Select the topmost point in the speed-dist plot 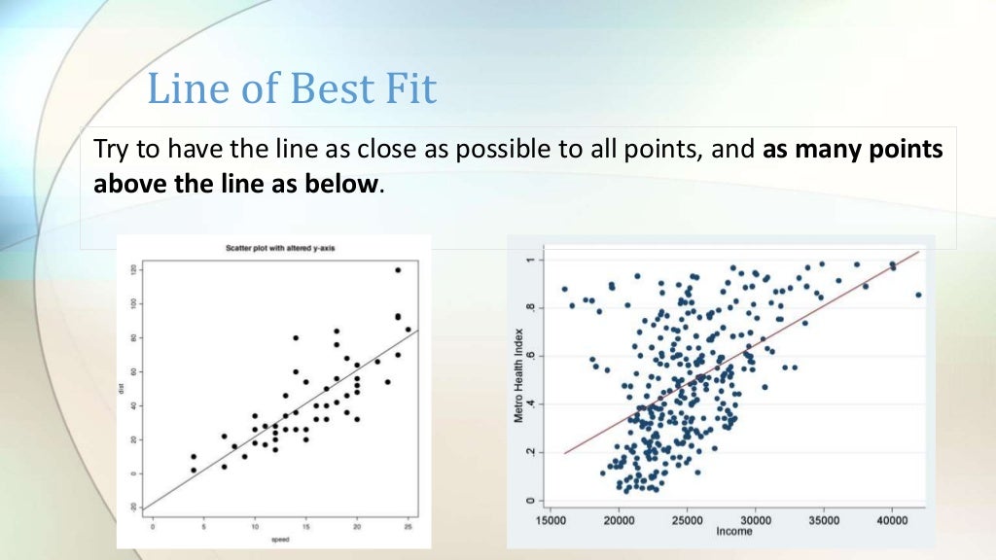click(398, 270)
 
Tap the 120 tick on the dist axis click(134, 269)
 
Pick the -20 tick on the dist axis click(134, 507)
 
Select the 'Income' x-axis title click(734, 532)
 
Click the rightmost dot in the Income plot click(918, 295)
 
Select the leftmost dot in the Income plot click(564, 289)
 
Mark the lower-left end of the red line click(564, 453)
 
